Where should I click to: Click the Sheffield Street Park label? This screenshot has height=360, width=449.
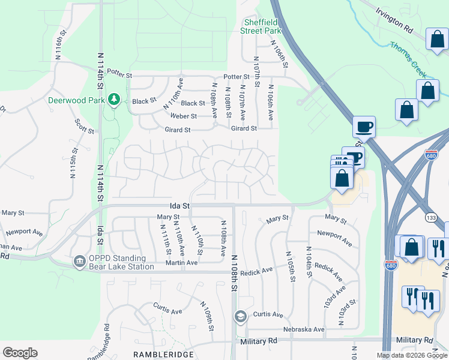(x=261, y=26)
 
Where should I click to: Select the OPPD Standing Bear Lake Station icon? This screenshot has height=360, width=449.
(x=79, y=261)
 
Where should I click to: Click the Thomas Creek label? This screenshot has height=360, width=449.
(x=408, y=59)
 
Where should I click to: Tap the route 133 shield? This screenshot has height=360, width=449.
(x=430, y=216)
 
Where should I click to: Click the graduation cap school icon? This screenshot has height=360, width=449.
(x=241, y=316)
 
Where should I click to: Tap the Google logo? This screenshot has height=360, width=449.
(x=20, y=353)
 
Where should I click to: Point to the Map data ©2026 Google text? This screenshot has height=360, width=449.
(x=411, y=355)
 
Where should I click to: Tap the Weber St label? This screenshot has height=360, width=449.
(x=183, y=116)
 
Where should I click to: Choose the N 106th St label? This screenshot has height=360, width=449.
(x=279, y=54)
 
